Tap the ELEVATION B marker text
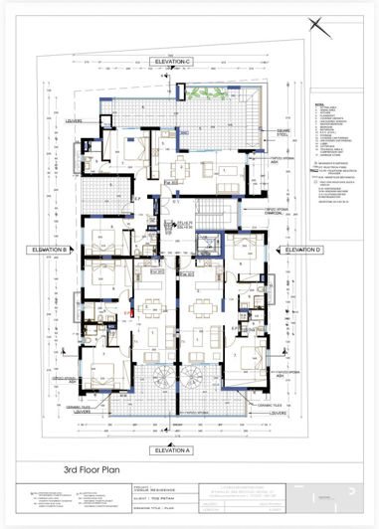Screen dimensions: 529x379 (x=49, y=249)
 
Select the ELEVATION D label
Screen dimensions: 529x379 (x=307, y=249)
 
